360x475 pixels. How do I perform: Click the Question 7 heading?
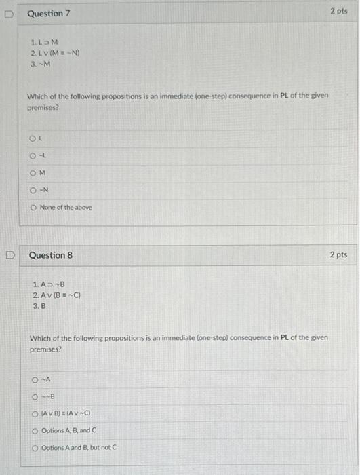[49, 14]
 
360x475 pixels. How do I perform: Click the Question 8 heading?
[50, 255]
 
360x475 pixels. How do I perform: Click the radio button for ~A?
[35, 381]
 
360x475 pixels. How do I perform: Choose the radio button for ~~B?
[35, 396]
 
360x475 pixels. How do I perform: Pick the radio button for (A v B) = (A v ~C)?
[35, 413]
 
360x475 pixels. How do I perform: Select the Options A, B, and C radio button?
[35, 430]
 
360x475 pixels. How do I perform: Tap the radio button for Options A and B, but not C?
[35, 447]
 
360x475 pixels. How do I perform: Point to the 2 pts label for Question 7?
[338, 12]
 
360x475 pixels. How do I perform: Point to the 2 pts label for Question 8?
[338, 254]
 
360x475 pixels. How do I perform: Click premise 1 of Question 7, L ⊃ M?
[43, 42]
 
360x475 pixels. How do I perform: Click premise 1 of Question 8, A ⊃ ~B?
[47, 284]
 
